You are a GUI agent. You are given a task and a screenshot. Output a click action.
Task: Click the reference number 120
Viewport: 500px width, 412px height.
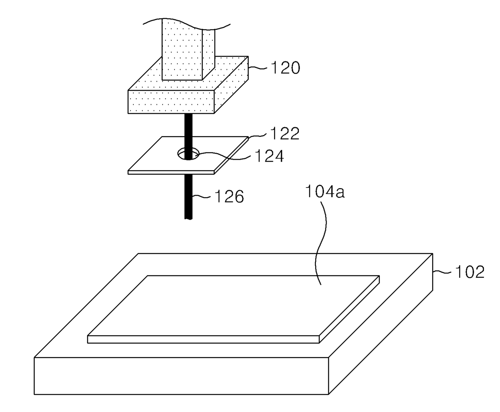pyautogui.click(x=285, y=68)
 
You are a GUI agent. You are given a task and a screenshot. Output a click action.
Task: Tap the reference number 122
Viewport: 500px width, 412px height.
pyautogui.click(x=285, y=133)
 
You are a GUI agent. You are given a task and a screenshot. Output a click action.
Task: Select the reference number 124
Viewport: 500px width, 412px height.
pyautogui.click(x=269, y=156)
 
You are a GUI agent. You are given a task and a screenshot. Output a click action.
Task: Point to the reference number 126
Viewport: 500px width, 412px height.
pyautogui.click(x=229, y=196)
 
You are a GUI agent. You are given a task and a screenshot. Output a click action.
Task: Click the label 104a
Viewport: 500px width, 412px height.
pyautogui.click(x=325, y=192)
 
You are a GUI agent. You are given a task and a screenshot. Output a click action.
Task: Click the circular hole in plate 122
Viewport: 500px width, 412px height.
pyautogui.click(x=188, y=154)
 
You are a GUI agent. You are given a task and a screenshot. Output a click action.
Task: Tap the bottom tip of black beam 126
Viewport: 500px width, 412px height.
pyautogui.click(x=188, y=218)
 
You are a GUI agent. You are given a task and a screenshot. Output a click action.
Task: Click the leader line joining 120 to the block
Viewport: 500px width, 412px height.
pyautogui.click(x=258, y=68)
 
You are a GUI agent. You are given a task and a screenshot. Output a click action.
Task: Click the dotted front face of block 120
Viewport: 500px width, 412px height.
pyautogui.click(x=171, y=102)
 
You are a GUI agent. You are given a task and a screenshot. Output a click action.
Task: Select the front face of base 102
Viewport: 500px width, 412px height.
pyautogui.click(x=181, y=376)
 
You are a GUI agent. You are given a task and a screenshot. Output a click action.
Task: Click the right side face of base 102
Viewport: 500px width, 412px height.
pyautogui.click(x=381, y=324)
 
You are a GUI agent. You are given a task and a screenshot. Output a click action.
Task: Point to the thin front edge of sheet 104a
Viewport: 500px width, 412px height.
pyautogui.click(x=203, y=339)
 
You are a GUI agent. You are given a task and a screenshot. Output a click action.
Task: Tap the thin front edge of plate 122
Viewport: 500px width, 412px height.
pyautogui.click(x=171, y=173)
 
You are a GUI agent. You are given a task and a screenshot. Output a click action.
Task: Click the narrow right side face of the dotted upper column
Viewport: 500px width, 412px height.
pyautogui.click(x=208, y=54)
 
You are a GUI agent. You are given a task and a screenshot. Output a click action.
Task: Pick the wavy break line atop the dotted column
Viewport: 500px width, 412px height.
pyautogui.click(x=187, y=24)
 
